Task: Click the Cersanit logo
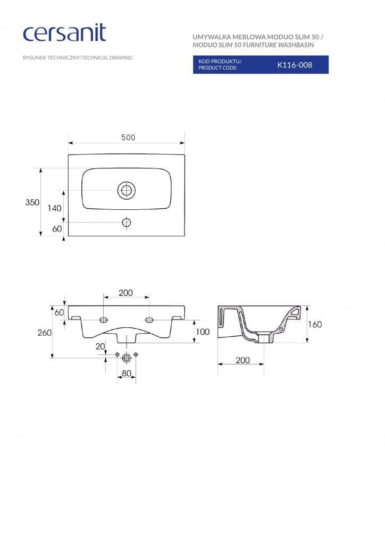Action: point(64,33)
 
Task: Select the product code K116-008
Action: point(295,65)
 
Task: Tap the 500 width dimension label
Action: point(128,138)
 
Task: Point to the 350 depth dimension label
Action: point(32,202)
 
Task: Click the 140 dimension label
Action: point(54,208)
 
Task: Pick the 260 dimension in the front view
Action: point(45,333)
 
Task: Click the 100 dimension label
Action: point(203,331)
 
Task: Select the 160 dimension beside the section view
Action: point(315,325)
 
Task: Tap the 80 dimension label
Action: point(127,373)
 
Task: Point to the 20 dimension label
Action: point(101,346)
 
